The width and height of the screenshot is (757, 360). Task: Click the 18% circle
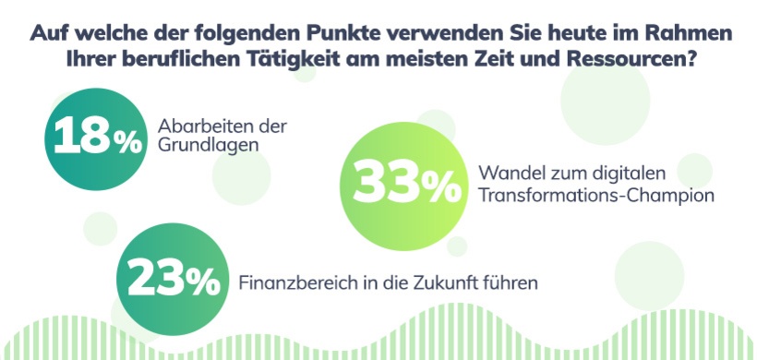tap(96, 136)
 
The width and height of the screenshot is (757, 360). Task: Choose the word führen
tap(512, 282)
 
